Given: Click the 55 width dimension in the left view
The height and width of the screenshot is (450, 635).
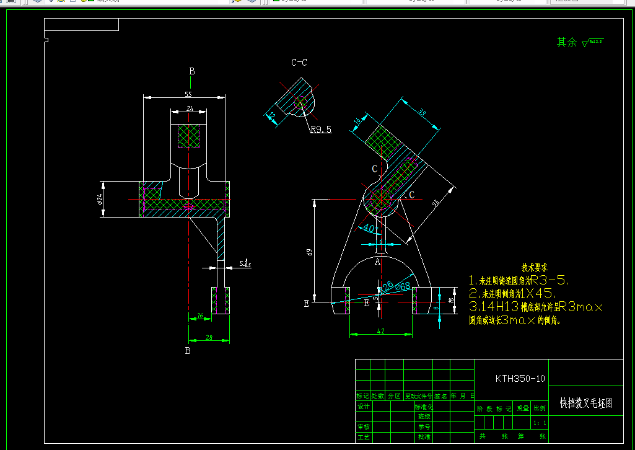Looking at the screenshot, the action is [x=188, y=94].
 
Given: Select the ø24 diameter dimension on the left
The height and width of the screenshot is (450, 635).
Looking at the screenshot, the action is [x=99, y=199].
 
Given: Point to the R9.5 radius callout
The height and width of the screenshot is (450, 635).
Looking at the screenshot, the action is [x=321, y=130].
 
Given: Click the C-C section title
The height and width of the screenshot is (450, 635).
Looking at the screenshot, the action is [x=299, y=63].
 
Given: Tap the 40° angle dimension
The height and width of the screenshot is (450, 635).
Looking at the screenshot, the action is [x=370, y=229].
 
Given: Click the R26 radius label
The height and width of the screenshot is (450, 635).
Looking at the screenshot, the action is [x=387, y=286].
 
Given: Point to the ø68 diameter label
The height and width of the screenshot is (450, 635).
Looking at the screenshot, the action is [x=403, y=286].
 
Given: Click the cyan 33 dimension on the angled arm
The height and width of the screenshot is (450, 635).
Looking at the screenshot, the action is [x=423, y=113].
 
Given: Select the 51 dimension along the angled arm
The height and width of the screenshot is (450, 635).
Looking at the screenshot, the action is [x=436, y=203].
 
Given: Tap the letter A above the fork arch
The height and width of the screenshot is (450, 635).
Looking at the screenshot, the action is [x=377, y=262].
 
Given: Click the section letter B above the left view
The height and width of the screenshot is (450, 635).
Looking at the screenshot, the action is [x=192, y=71].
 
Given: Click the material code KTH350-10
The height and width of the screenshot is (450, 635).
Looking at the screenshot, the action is [x=520, y=378].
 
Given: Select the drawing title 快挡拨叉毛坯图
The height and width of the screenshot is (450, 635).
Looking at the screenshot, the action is [x=586, y=404].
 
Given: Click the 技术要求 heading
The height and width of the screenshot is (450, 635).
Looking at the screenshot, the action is [x=535, y=267].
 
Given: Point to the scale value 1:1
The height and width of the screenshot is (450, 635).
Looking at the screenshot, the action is [x=540, y=423].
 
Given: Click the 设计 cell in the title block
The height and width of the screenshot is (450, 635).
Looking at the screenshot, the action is [x=363, y=407].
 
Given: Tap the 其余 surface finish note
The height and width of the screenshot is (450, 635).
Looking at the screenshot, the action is [x=566, y=42].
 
